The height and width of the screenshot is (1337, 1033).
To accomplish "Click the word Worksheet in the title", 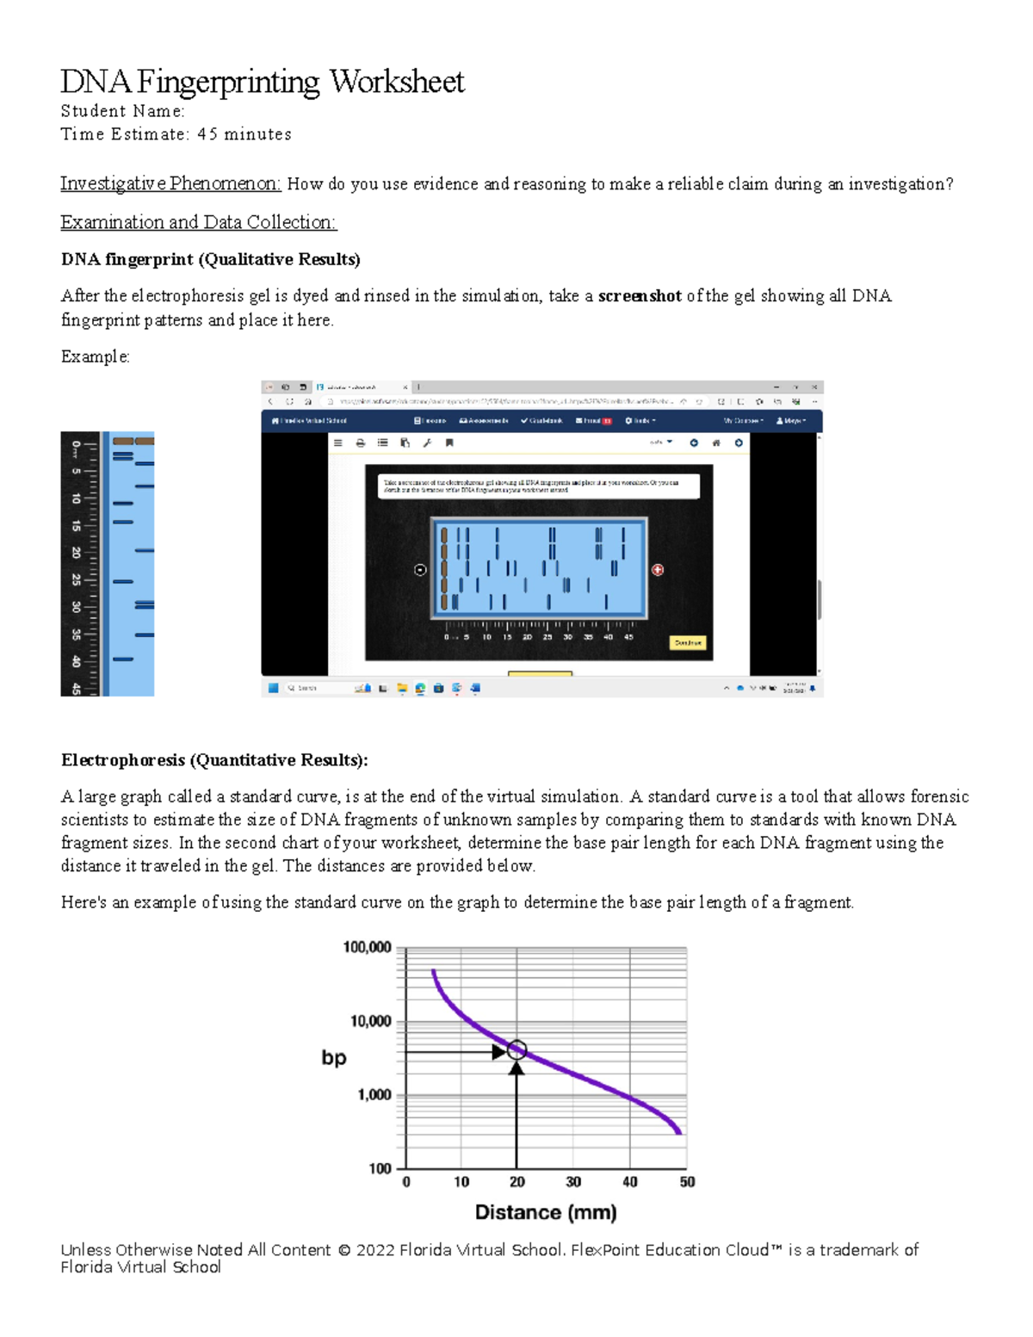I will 397,82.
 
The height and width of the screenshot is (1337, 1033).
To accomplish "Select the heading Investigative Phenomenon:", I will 170,183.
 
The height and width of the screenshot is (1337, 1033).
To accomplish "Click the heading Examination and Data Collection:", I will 198,222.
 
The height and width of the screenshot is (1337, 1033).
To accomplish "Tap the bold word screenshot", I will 640,296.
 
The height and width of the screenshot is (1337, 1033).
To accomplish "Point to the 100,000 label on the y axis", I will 367,947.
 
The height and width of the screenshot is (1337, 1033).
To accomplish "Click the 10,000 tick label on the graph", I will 370,1021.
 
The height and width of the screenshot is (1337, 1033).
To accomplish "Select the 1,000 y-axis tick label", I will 374,1095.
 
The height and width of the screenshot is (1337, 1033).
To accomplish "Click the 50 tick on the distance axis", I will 687,1182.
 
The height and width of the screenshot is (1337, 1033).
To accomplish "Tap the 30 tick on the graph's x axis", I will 573,1182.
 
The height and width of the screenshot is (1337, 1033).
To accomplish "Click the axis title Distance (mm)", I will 546,1212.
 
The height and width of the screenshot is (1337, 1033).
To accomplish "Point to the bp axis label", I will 334,1057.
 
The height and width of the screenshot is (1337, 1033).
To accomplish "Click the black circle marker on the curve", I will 516,1049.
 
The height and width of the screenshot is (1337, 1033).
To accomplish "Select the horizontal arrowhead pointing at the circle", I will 498,1052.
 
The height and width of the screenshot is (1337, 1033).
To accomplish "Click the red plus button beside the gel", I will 658,570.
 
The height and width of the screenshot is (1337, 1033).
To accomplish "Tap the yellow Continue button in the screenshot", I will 688,643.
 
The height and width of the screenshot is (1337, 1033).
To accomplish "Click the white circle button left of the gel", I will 420,570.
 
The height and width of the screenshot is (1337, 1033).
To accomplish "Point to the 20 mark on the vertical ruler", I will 77,552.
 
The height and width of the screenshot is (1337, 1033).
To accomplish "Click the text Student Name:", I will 122,111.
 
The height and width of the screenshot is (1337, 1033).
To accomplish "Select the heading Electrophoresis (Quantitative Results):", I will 214,760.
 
